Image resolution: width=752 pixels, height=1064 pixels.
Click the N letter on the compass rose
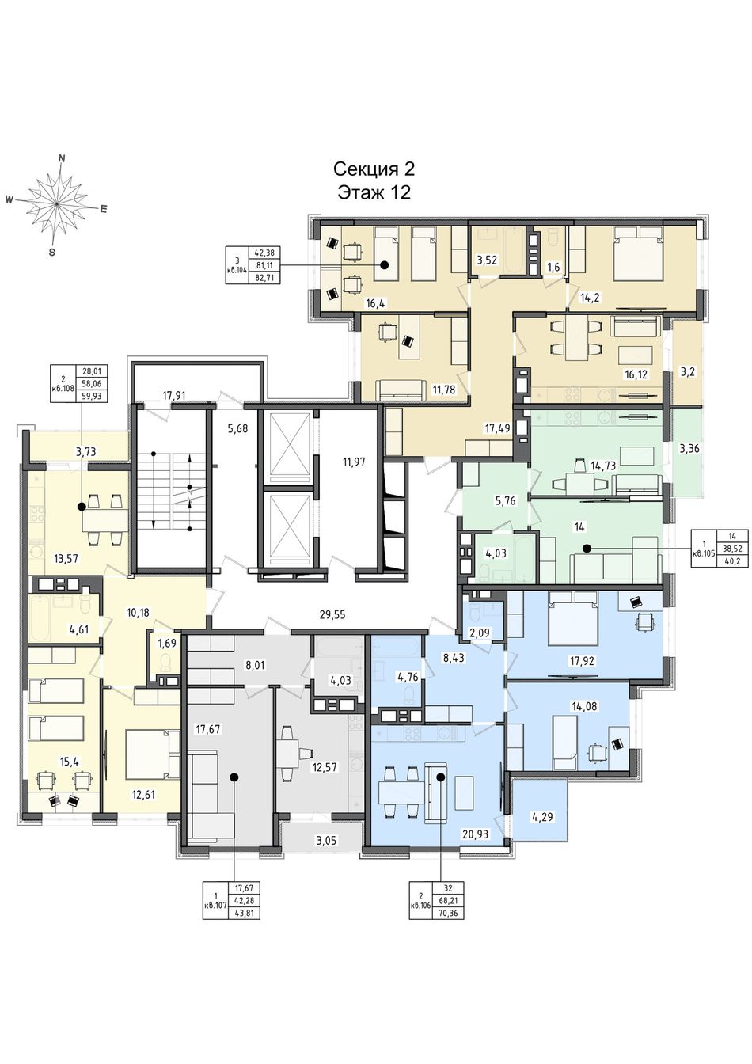61,158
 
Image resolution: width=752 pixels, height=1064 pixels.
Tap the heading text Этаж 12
374,193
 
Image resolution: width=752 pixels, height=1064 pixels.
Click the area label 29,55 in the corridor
332,615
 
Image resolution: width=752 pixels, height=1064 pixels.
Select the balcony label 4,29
541,816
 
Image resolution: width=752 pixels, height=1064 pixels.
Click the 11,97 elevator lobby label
354,461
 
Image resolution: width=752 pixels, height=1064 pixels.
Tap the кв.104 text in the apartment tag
237,272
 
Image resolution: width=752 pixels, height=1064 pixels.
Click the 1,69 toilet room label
167,644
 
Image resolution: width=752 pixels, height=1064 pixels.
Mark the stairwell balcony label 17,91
173,395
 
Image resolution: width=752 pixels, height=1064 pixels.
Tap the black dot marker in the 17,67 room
234,777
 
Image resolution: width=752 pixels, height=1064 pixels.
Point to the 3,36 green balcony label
689,448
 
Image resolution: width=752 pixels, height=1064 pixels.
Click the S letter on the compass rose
52,253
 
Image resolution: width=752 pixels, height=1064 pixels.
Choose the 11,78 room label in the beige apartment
443,390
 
